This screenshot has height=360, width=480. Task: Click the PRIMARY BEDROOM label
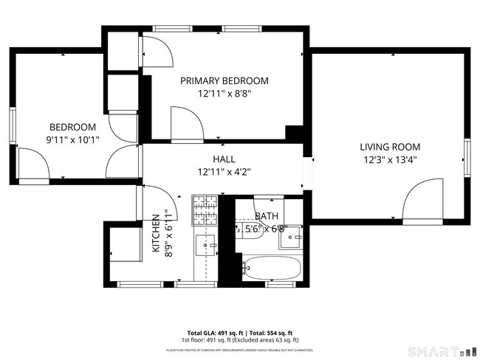pos(224,81)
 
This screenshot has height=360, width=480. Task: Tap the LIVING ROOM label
pos(390,147)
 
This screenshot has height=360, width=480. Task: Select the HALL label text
pos(224,159)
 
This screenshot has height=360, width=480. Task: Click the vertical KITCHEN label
pos(157,235)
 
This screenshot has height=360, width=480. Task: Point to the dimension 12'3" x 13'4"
pos(390,160)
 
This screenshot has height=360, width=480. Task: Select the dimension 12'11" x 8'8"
pos(224,94)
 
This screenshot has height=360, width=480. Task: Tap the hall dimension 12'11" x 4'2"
pos(224,173)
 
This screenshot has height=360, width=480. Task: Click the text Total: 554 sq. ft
pos(270,333)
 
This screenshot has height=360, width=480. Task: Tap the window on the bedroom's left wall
pos(11,127)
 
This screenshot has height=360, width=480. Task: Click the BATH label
pos(266,216)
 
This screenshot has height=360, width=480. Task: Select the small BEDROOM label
pos(72,127)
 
